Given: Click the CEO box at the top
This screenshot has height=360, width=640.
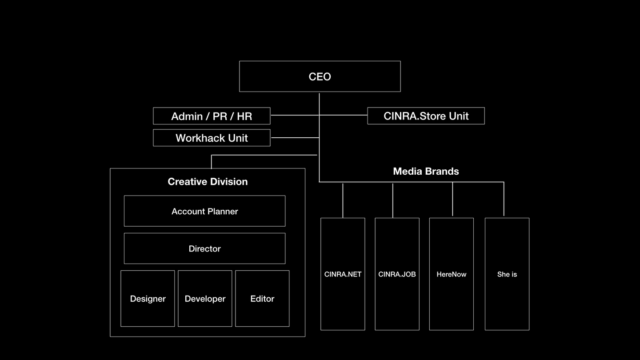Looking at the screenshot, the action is (x=320, y=76).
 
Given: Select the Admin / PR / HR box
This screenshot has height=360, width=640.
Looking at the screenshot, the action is (x=212, y=116).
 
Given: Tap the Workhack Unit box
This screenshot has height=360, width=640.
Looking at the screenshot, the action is (x=212, y=138).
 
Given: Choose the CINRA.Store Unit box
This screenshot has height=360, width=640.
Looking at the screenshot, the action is (x=426, y=116).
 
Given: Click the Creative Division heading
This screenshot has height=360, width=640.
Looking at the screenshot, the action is (x=208, y=182).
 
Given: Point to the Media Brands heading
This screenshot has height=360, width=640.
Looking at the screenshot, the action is (x=426, y=171).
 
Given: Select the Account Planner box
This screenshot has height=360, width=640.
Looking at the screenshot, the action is (x=204, y=211).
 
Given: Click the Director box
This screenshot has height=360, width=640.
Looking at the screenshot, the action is (x=204, y=248).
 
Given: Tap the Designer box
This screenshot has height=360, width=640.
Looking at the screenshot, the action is (x=148, y=298).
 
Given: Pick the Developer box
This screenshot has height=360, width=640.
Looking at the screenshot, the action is (x=205, y=298).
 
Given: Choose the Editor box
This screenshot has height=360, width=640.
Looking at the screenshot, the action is (x=262, y=298).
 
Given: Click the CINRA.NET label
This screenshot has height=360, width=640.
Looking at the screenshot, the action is (x=343, y=274).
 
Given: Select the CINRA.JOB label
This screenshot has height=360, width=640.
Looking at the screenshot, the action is (x=397, y=274).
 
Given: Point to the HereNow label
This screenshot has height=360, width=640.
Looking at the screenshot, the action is (x=452, y=274).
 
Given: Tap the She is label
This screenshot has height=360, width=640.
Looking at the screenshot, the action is (x=507, y=274).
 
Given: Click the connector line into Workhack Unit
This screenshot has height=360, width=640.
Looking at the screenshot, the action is (x=295, y=137).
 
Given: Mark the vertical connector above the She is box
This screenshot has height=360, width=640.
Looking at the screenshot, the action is (x=504, y=199).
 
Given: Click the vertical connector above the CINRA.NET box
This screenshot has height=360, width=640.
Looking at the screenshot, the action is (x=343, y=200).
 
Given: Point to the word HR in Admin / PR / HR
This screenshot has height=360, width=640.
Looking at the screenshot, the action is (x=244, y=116).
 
